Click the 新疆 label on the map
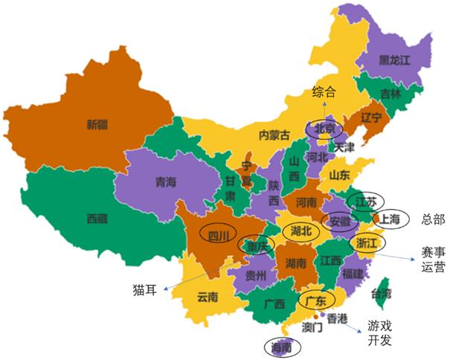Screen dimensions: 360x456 click(97, 125)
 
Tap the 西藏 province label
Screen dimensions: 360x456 click(97, 219)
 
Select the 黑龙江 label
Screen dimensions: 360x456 click(395, 60)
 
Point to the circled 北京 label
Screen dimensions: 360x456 click(326, 127)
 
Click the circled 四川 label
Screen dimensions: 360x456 click(218, 237)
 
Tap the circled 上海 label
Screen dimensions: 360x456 click(391, 219)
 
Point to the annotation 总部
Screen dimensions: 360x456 click(432, 219)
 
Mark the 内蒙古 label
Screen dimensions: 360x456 click(273, 135)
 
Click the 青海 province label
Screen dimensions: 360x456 click(166, 181)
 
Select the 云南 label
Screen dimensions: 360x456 click(208, 298)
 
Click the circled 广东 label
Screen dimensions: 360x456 click(316, 301)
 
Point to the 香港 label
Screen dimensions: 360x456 click(337, 318)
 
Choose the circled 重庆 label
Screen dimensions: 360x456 click(254, 245)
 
